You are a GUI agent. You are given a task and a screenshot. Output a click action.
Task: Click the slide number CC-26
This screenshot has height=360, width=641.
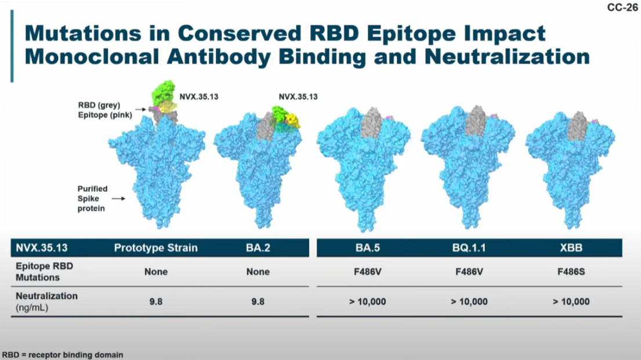tap(622, 8)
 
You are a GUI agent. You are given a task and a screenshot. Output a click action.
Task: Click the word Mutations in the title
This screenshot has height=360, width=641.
tap(83, 33)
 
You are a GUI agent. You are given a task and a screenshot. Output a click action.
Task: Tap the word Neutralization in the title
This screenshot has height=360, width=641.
tap(508, 56)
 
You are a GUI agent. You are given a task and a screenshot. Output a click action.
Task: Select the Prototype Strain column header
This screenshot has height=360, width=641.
tap(155, 248)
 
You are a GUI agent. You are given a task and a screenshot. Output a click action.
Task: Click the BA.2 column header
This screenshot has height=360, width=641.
tap(258, 248)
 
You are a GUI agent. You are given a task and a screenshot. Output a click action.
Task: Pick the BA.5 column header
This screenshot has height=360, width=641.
tap(368, 248)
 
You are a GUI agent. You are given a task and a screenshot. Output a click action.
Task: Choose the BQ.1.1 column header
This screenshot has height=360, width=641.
tap(469, 248)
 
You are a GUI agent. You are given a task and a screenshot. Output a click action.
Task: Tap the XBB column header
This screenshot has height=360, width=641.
tap(571, 248)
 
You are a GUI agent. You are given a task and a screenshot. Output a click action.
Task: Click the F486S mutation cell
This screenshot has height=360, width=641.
tap(571, 272)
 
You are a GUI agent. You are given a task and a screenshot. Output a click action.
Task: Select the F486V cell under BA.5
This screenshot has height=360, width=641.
tap(368, 272)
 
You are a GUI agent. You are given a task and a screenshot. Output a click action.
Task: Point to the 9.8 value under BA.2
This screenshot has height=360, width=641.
tap(258, 301)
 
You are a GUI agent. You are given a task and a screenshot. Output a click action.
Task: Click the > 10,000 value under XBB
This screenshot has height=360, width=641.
tap(571, 301)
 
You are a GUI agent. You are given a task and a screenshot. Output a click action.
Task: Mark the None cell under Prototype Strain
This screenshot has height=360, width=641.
tap(155, 272)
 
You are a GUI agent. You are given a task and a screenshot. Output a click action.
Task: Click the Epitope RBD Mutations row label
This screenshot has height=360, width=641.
tap(44, 272)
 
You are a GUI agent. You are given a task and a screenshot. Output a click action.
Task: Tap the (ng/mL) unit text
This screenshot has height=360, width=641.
tap(32, 308)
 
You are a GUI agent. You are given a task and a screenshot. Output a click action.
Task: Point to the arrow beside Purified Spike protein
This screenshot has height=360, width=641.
tap(118, 199)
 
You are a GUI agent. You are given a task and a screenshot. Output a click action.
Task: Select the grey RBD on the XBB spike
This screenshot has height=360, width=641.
tap(578, 127)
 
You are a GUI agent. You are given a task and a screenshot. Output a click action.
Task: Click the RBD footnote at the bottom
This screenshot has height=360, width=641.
tap(63, 355)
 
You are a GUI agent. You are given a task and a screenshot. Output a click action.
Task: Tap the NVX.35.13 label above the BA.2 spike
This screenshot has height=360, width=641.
tap(298, 97)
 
